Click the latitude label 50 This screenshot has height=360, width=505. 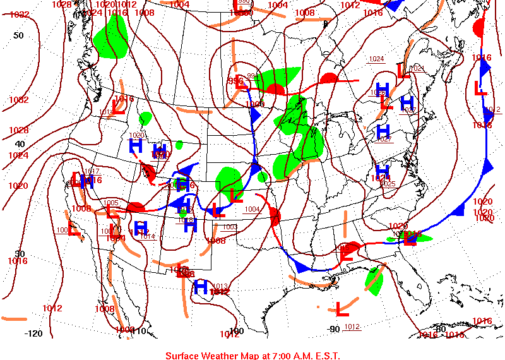[x=18, y=35]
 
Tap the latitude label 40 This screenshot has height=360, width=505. [x=20, y=144]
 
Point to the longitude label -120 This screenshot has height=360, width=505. [x=33, y=333]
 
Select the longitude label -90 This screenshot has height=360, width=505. [x=334, y=328]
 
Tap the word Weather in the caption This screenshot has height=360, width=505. [x=222, y=356]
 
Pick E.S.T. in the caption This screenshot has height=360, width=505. [x=324, y=356]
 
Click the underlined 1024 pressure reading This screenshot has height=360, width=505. [x=376, y=59]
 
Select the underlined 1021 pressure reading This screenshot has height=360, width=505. [x=417, y=68]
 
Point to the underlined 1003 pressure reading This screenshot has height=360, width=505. [x=229, y=227]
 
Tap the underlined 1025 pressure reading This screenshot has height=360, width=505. [x=388, y=184]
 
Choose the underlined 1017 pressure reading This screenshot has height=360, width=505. [x=93, y=172]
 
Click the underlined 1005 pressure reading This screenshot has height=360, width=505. [x=110, y=203]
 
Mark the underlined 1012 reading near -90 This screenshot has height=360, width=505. [x=352, y=327]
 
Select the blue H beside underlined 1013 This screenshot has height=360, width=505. [x=201, y=287]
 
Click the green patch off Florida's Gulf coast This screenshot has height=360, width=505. [x=374, y=282]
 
